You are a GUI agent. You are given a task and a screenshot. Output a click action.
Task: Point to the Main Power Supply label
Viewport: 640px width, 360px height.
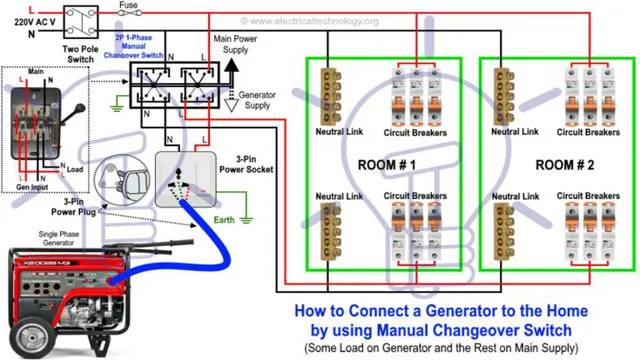[x=240, y=44]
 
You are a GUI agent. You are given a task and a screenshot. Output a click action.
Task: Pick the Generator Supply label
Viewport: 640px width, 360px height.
[x=258, y=100]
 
